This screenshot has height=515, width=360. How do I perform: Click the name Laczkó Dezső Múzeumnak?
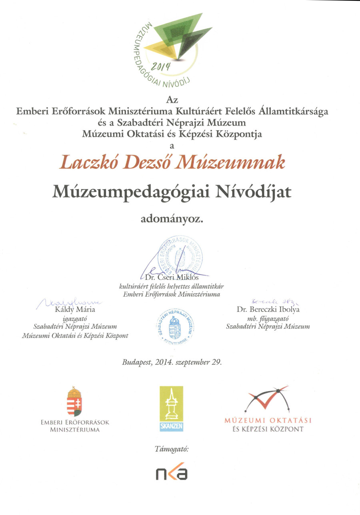[x=172, y=163]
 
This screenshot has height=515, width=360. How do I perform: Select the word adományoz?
[x=172, y=219]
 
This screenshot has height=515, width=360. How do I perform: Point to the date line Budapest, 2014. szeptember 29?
[x=172, y=363]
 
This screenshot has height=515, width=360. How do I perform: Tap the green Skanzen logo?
[x=171, y=409]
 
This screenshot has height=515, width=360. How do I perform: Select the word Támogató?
[x=171, y=449]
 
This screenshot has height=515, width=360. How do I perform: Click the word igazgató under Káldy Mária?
[x=75, y=318]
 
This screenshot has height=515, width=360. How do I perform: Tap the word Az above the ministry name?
[x=172, y=100]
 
